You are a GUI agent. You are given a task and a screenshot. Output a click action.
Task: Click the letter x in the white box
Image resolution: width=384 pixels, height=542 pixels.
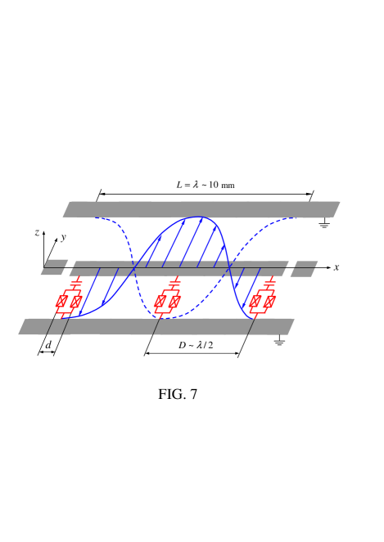point(336,267)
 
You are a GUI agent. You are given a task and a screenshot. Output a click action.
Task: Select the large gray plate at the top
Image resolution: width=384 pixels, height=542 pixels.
point(201,208)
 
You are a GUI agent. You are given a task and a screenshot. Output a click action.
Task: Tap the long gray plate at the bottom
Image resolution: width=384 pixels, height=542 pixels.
point(156,327)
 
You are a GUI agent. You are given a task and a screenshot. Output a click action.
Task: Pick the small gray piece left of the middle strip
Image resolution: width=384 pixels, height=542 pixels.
point(55,267)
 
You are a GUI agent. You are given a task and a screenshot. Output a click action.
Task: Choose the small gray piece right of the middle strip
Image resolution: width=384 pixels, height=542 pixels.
point(304,268)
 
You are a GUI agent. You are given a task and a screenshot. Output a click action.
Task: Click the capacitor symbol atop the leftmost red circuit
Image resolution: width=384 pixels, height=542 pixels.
point(76,283)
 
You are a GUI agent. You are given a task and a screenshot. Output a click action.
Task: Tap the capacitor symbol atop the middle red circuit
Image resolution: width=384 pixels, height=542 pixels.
point(174,283)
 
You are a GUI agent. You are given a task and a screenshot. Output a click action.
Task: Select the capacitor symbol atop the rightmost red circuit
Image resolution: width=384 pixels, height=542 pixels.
point(269,283)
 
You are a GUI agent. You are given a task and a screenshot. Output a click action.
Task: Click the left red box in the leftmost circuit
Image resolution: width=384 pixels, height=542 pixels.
point(61,302)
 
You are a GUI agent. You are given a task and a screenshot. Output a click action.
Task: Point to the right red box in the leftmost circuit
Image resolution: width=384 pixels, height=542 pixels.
point(75,302)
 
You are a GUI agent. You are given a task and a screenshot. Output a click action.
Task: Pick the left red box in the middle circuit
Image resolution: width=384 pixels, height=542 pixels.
point(160,302)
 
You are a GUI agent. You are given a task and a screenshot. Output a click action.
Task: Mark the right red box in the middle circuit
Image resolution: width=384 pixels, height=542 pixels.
point(174,302)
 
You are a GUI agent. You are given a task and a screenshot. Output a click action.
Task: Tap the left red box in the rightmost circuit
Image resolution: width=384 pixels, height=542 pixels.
point(255,302)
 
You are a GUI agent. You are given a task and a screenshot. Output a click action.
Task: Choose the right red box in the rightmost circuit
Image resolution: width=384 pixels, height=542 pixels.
point(269,302)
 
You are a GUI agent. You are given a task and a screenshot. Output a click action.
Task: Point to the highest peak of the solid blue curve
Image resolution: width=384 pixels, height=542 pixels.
point(199,217)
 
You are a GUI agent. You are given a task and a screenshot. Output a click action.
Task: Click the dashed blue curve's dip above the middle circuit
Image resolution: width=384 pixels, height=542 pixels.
point(160,316)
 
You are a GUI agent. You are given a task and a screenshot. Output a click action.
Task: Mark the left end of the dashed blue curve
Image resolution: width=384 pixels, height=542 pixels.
point(96,217)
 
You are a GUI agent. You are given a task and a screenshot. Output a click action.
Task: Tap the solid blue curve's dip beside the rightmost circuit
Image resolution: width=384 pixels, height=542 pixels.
point(247,316)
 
